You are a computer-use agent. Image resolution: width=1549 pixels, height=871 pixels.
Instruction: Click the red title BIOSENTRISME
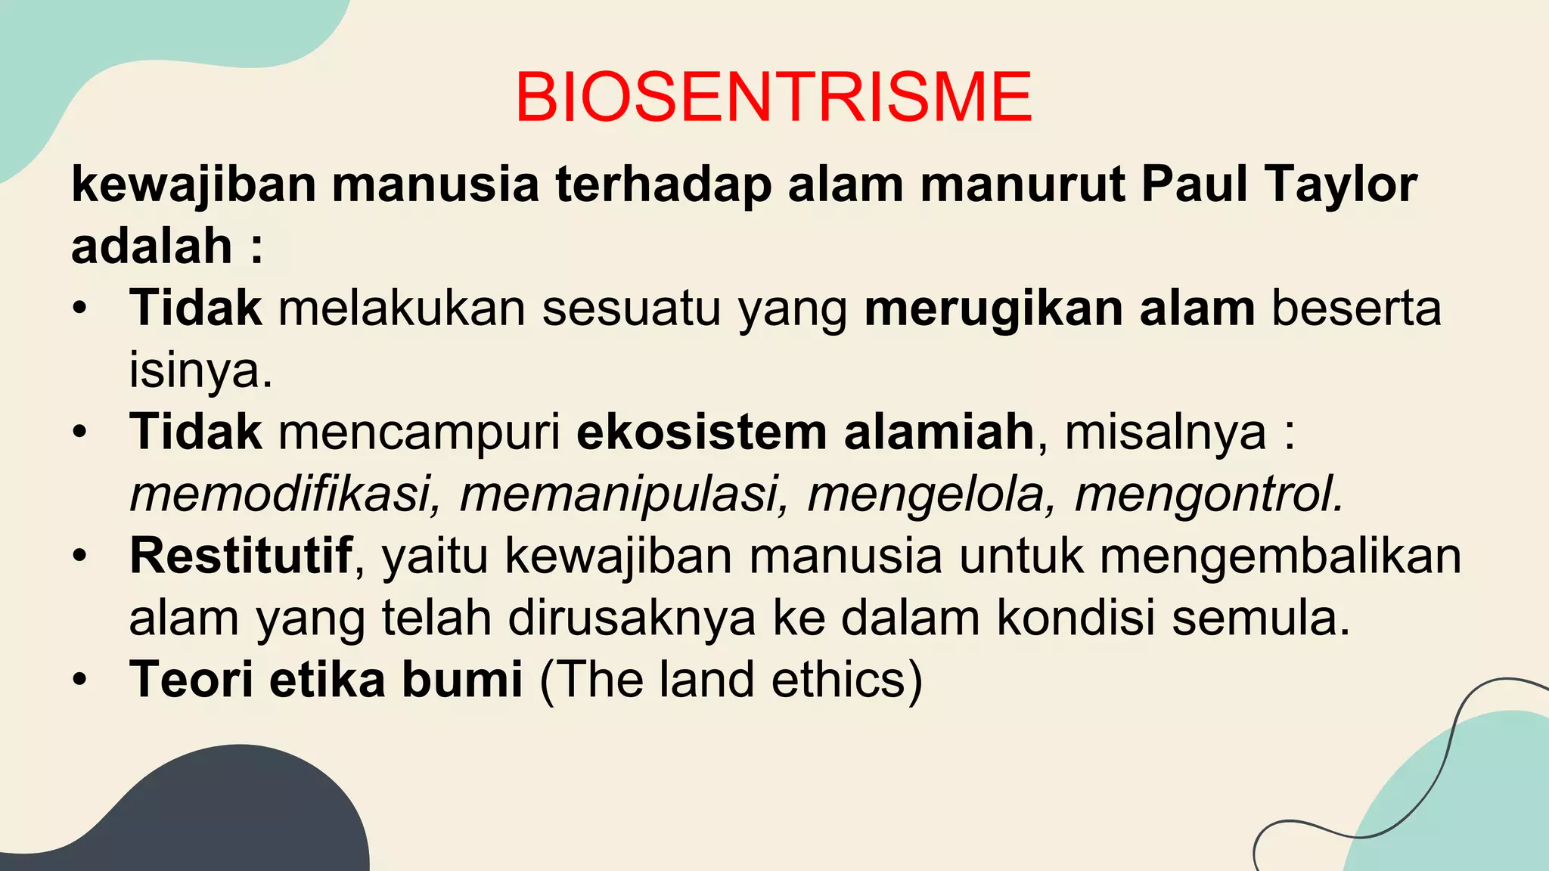click(773, 98)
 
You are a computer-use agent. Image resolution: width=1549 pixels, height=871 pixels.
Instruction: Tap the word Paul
click(1194, 184)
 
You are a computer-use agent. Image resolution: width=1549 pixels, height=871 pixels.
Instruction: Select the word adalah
click(151, 246)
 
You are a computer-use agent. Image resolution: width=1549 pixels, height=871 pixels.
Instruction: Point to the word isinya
click(200, 370)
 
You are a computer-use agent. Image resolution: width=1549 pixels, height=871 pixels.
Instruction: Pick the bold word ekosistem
click(701, 432)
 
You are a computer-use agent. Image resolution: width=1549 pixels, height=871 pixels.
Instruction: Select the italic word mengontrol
click(1209, 494)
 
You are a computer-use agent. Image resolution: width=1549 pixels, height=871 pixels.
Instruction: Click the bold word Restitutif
click(241, 556)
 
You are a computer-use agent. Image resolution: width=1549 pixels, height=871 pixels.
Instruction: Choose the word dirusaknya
click(632, 618)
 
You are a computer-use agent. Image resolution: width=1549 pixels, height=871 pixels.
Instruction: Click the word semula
click(1260, 618)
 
